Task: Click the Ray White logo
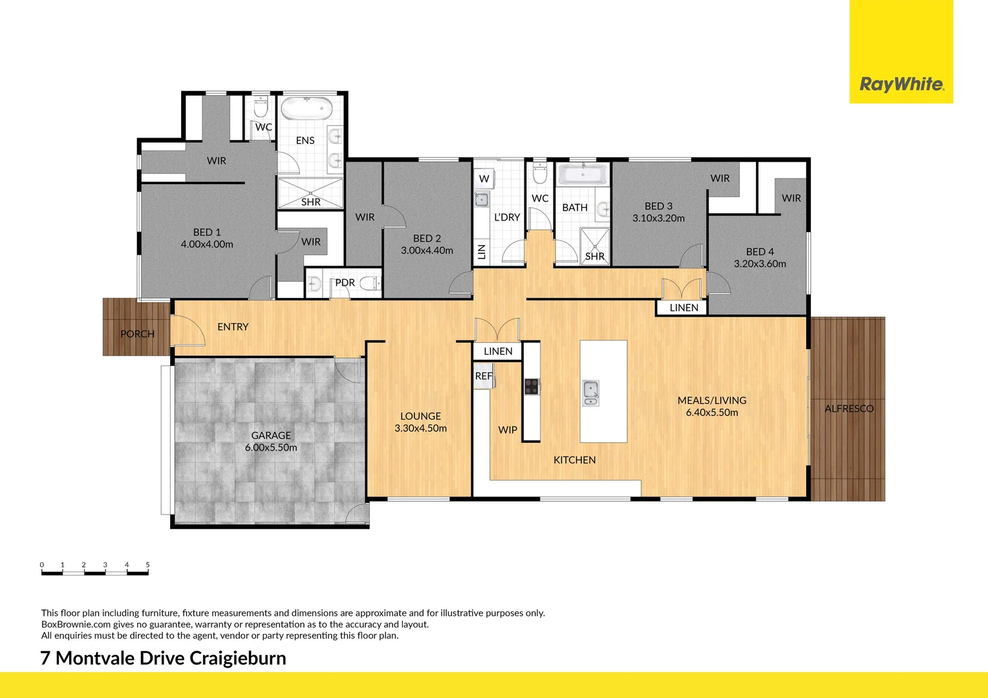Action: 901,84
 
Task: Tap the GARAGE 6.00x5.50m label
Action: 271,441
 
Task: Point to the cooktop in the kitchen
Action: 531,386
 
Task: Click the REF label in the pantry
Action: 483,376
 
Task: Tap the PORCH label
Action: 137,334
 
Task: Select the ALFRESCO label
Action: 848,408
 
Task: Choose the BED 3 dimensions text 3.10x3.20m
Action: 658,218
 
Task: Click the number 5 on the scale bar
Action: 147,565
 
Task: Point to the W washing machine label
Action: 484,179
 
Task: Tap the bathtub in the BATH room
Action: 583,174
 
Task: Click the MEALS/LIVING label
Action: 711,400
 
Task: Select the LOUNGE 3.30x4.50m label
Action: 420,422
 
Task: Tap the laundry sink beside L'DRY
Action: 481,199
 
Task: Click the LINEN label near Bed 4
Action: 683,308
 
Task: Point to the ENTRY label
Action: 233,327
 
